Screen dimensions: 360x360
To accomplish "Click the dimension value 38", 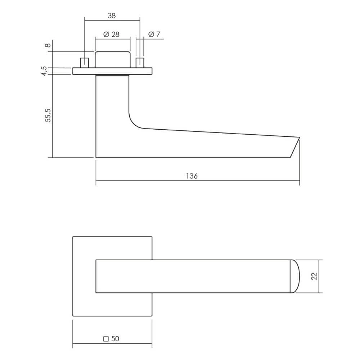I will (x=111, y=15).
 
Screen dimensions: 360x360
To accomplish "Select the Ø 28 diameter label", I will (x=111, y=34).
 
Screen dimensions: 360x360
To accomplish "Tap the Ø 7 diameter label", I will (x=154, y=34).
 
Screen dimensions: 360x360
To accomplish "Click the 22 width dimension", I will (x=314, y=276).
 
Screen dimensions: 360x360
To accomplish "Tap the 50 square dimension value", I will (x=115, y=339).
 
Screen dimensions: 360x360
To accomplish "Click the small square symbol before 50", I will (x=106, y=339).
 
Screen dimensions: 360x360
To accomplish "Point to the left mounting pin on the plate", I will (x=85, y=62).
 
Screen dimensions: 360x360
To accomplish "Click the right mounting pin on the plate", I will (x=140, y=62).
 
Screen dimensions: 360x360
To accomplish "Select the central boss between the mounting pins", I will (x=112, y=59).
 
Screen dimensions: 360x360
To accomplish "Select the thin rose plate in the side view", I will (x=112, y=71).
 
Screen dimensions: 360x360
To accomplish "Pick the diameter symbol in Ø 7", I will (x=150, y=34).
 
